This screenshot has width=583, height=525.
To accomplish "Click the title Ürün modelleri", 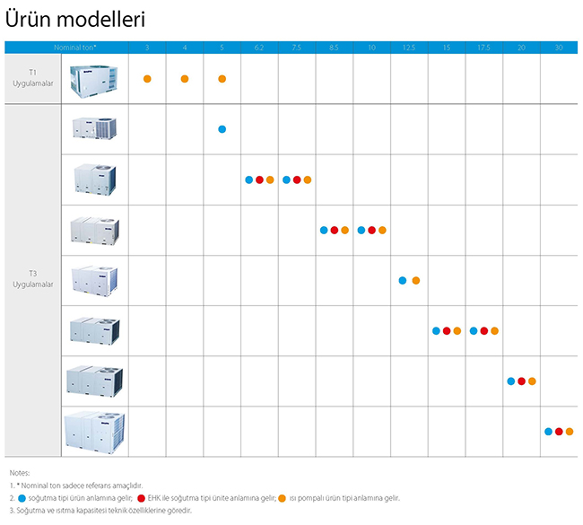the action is [x=75, y=20].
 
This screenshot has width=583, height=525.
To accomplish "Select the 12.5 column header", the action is [x=409, y=48].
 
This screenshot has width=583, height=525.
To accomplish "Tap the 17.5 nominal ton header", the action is [x=483, y=48].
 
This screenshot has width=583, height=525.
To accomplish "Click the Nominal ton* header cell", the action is [x=74, y=48].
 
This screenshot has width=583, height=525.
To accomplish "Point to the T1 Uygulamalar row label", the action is [x=32, y=78].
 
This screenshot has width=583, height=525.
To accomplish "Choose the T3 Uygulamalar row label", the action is [x=32, y=279].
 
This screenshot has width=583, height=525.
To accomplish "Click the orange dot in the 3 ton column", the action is [x=147, y=79].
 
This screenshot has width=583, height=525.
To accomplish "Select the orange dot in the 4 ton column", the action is [x=185, y=79].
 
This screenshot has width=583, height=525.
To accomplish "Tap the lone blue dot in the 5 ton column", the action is [x=222, y=129].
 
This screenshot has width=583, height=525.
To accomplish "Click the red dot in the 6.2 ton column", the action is [x=259, y=179].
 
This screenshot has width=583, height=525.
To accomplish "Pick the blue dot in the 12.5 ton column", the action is [x=403, y=281].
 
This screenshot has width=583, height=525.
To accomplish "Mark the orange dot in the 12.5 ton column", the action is [x=416, y=281].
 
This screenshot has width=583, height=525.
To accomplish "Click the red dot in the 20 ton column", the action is [x=521, y=381].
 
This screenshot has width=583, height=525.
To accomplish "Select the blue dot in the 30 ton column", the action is [x=548, y=432].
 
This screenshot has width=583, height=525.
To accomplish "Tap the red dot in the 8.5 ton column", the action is [x=335, y=231].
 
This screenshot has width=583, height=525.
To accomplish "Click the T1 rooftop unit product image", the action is [x=93, y=81].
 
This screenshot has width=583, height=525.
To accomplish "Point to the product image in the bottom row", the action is [x=94, y=432].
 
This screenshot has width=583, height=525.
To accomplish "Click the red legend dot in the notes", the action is [x=141, y=498].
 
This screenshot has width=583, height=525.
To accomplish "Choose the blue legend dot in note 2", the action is [x=22, y=498].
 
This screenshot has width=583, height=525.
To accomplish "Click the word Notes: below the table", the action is [x=20, y=473].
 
